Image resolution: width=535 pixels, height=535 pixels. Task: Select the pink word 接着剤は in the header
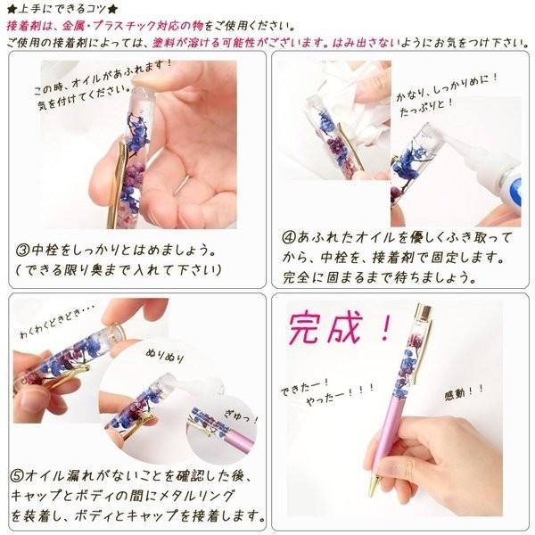29,26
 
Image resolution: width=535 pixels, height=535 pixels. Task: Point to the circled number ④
290,239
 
